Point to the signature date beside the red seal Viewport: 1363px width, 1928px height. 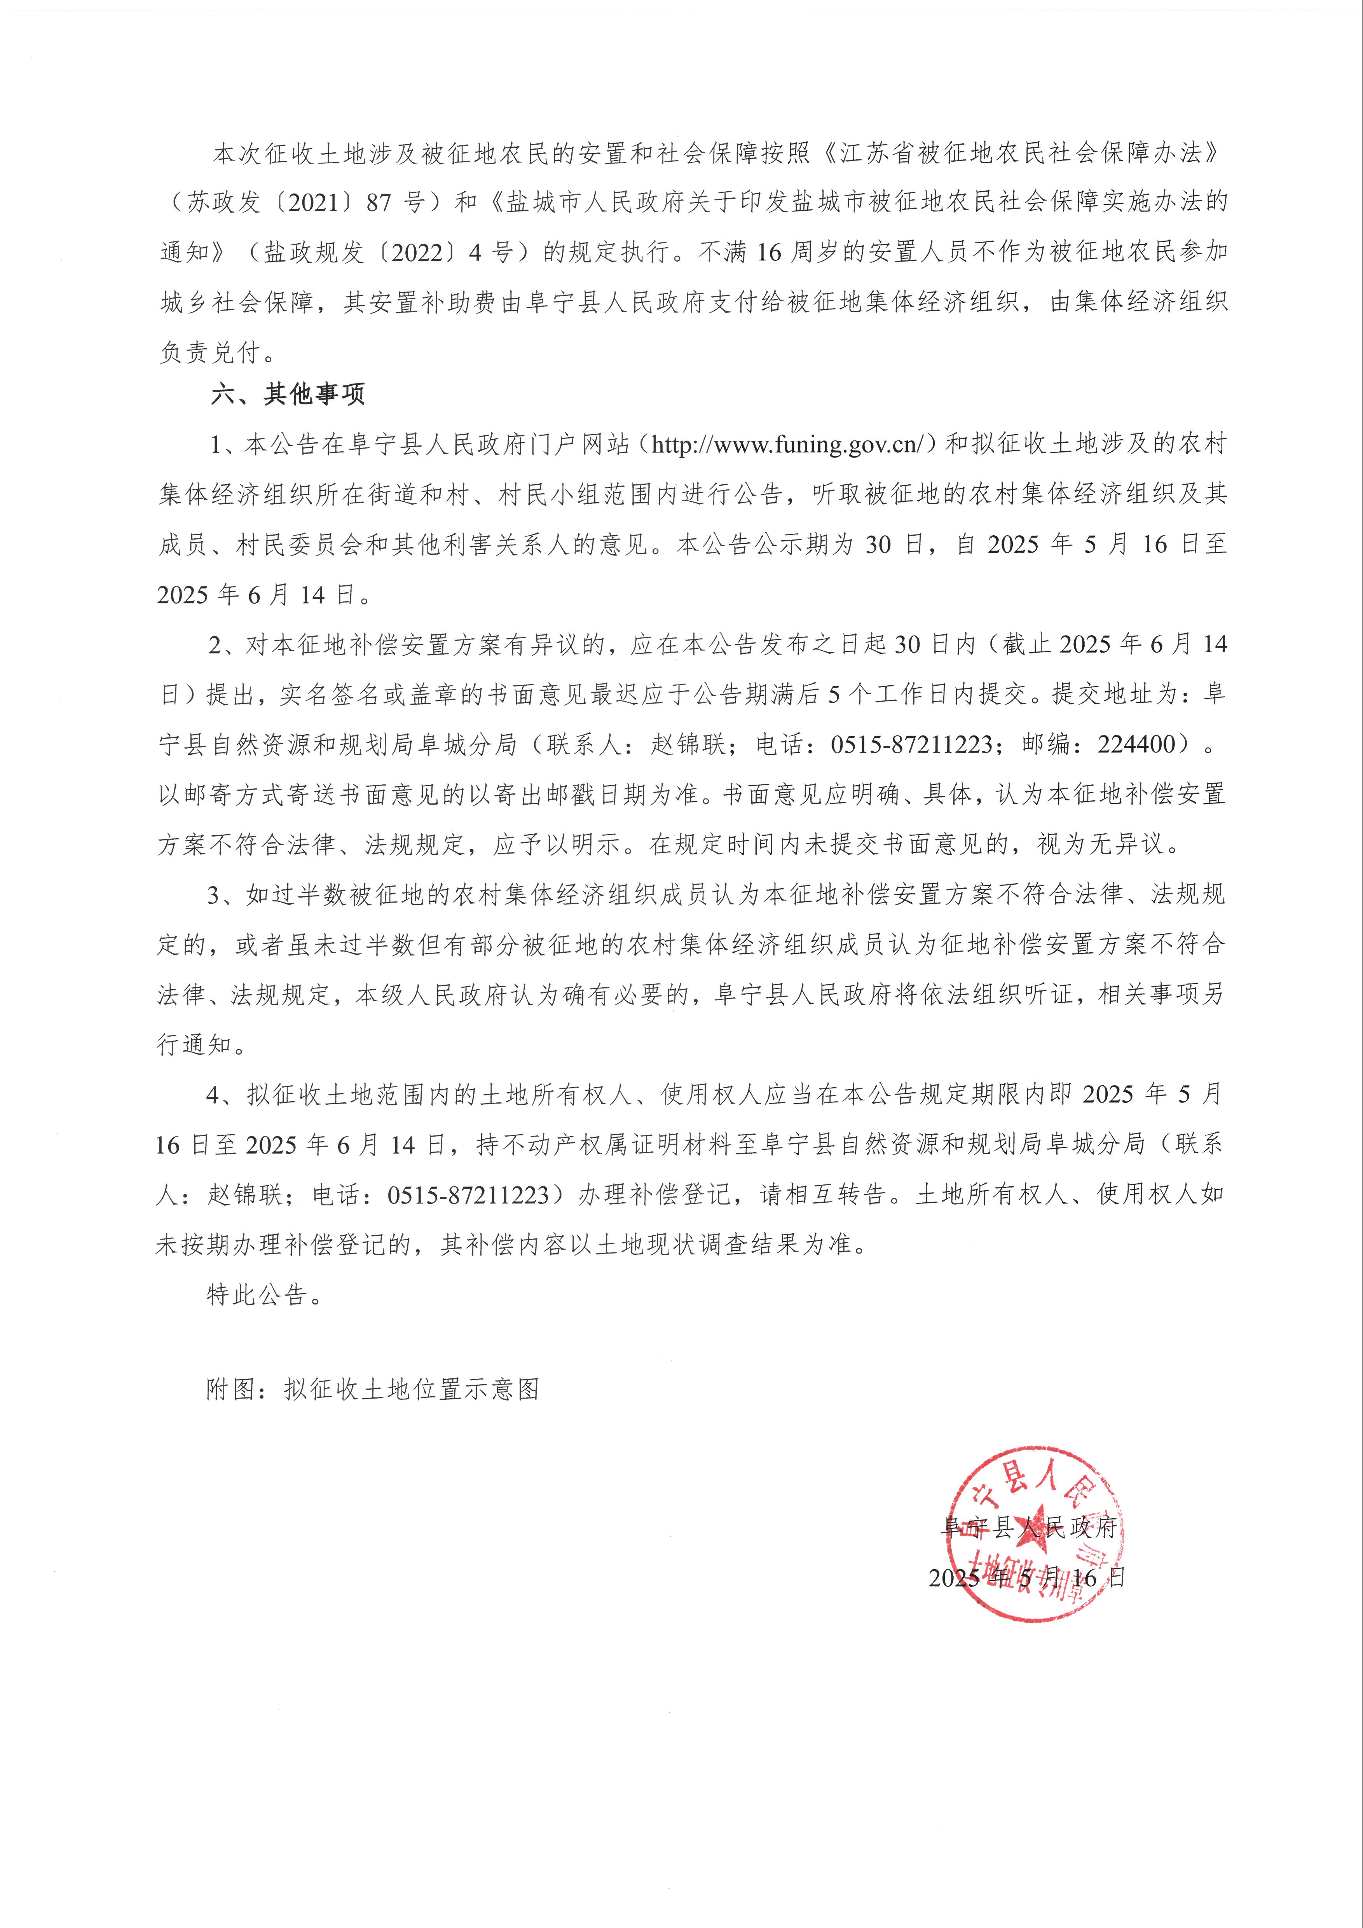[x=1026, y=1578]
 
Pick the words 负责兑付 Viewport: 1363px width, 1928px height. [x=210, y=352]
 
